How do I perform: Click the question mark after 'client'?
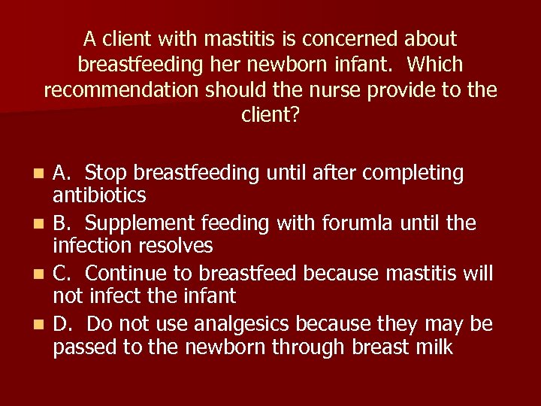pyautogui.click(x=296, y=117)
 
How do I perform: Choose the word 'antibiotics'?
pyautogui.click(x=99, y=196)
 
